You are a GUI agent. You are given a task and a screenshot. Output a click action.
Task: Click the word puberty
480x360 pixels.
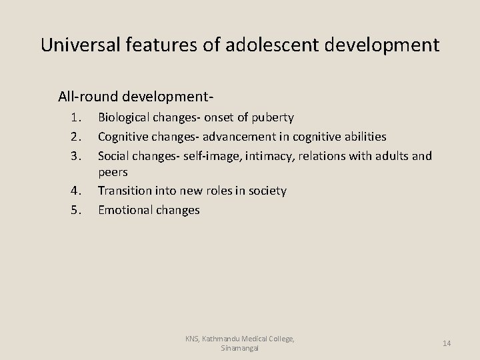[271, 118]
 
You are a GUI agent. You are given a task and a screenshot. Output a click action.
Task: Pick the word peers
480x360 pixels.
[113, 173]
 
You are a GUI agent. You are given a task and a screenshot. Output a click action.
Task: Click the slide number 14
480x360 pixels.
[447, 343]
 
